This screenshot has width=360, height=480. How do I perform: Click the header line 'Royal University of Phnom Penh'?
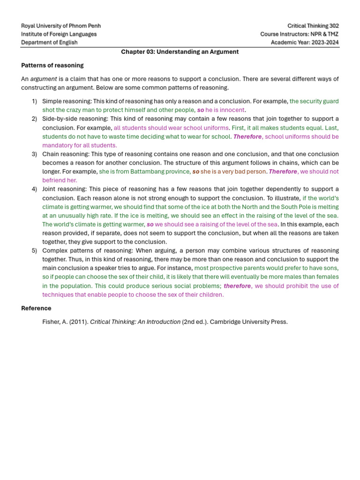pyautogui.click(x=61, y=26)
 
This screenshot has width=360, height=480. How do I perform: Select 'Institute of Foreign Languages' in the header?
pyautogui.click(x=59, y=34)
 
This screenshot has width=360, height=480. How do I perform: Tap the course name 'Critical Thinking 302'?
pyautogui.click(x=313, y=26)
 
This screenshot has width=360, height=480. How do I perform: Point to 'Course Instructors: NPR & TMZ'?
pyautogui.click(x=300, y=34)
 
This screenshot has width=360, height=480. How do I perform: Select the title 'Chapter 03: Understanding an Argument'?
pyautogui.click(x=180, y=52)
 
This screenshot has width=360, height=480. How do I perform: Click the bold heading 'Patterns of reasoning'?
pyautogui.click(x=52, y=65)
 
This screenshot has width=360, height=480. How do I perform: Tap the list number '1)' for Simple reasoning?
pyautogui.click(x=34, y=101)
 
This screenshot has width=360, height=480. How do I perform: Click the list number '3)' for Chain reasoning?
pyautogui.click(x=34, y=154)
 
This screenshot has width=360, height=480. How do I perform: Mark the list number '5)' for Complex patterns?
pyautogui.click(x=34, y=251)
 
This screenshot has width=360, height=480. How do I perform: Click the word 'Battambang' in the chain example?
pyautogui.click(x=144, y=172)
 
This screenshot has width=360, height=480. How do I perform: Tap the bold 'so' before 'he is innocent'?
pyautogui.click(x=200, y=110)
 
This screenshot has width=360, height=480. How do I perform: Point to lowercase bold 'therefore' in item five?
pyautogui.click(x=237, y=286)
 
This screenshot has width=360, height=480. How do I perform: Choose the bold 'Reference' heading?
pyautogui.click(x=36, y=308)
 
